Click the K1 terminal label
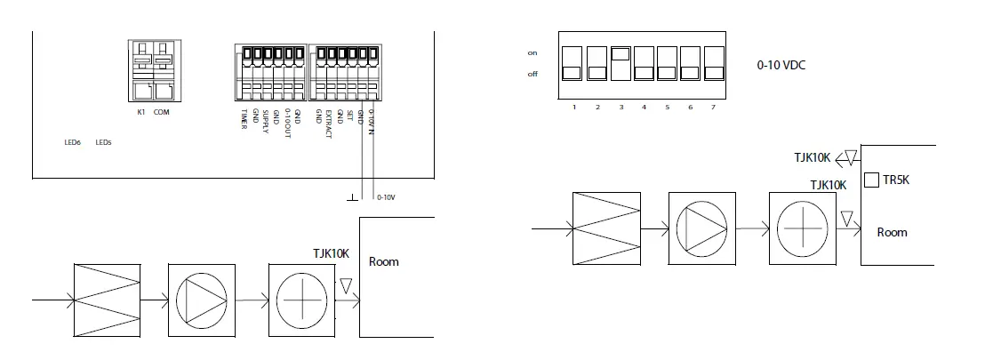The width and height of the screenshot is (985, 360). pyautogui.click(x=140, y=112)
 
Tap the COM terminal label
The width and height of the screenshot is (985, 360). pyautogui.click(x=161, y=112)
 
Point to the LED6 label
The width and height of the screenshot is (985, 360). pyautogui.click(x=73, y=142)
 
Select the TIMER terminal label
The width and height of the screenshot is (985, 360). pyautogui.click(x=244, y=117)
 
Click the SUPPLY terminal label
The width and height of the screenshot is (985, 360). pyautogui.click(x=265, y=119)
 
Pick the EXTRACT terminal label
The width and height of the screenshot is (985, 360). pyautogui.click(x=328, y=123)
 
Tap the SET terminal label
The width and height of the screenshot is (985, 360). pyautogui.click(x=349, y=115)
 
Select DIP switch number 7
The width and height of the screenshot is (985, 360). pyautogui.click(x=713, y=62)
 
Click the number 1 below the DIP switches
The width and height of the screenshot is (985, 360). pyautogui.click(x=575, y=107)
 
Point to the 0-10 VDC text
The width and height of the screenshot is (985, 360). pyautogui.click(x=781, y=66)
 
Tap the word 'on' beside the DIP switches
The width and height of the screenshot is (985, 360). pyautogui.click(x=533, y=53)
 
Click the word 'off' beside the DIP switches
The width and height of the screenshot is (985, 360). pyautogui.click(x=533, y=74)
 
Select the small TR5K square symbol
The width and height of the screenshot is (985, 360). pyautogui.click(x=872, y=180)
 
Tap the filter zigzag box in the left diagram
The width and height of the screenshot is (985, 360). pyautogui.click(x=108, y=300)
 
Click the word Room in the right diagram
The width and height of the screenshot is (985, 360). pyautogui.click(x=892, y=232)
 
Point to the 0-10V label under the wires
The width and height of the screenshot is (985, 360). pyautogui.click(x=386, y=197)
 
